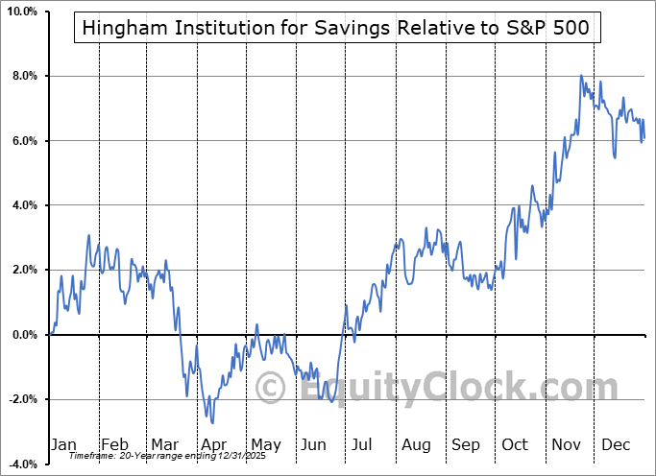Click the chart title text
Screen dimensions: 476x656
click(x=335, y=29)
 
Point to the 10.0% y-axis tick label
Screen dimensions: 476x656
click(x=21, y=12)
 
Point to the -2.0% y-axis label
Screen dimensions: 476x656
click(x=22, y=399)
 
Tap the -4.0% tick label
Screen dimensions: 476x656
click(x=22, y=464)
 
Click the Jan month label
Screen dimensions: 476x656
click(x=63, y=444)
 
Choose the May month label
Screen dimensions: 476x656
click(x=265, y=444)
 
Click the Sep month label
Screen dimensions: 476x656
click(x=467, y=444)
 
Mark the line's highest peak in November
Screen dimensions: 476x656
click(x=581, y=75)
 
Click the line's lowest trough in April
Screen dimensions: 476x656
click(x=212, y=422)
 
